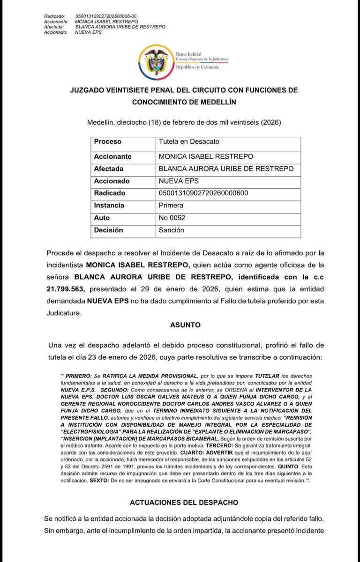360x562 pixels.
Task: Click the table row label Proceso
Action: coord(107,141)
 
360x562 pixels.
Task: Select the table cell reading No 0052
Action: coord(172,218)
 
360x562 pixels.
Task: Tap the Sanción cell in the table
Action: coord(172,230)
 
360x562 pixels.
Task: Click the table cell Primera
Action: coord(171,205)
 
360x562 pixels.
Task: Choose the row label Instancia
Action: coord(109,205)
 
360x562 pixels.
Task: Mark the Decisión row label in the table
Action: coord(108,230)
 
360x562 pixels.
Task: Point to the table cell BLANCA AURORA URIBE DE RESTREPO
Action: coord(226,169)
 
